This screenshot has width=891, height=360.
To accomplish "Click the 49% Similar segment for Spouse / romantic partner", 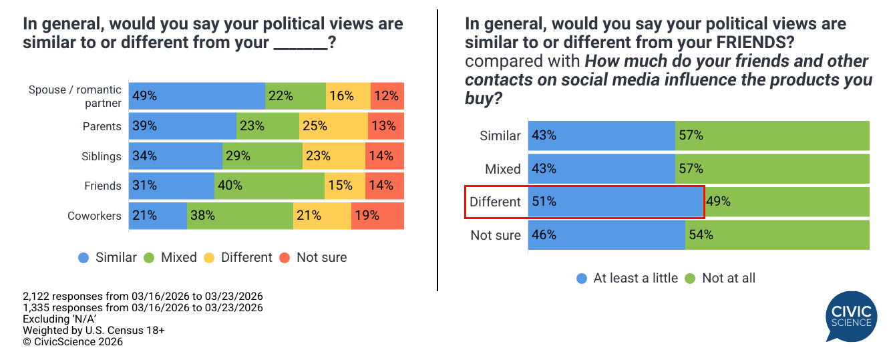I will [197, 96].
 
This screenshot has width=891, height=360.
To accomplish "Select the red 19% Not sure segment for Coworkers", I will [377, 216].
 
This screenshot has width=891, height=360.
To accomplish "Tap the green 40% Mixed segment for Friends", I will [269, 186].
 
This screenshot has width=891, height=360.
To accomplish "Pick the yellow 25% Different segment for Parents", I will [333, 126].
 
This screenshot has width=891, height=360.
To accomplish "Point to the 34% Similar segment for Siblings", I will [175, 156].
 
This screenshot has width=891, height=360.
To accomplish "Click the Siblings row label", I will [102, 156].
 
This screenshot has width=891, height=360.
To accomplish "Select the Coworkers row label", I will [94, 216].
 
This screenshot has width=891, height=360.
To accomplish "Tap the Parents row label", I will [102, 126].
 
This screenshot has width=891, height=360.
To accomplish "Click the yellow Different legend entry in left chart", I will [239, 257].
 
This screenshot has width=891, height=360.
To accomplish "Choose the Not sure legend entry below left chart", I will [313, 257].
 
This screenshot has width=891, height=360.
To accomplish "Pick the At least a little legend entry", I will [627, 278].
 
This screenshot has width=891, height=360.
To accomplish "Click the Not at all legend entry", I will [721, 278].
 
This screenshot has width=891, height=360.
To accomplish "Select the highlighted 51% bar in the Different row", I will [615, 202].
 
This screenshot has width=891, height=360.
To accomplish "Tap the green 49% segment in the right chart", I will [787, 202].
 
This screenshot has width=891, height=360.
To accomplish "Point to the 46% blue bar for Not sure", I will [606, 234].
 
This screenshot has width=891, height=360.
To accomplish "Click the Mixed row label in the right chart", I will [503, 169].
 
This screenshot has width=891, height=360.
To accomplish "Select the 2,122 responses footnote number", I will [40, 297].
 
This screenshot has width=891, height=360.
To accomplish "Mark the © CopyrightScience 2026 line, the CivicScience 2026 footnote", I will [73, 342].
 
